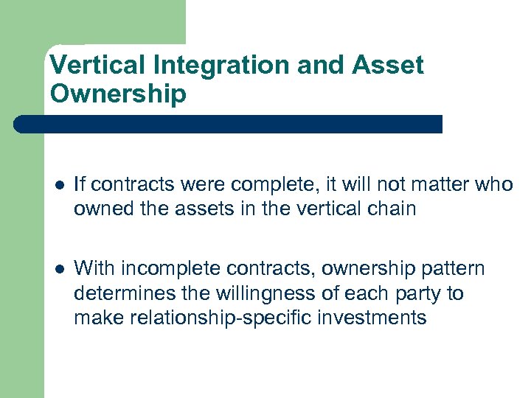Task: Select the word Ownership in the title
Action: pyautogui.click(x=118, y=94)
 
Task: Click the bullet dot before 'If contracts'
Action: pyautogui.click(x=58, y=186)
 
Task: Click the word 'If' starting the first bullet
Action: pyautogui.click(x=80, y=184)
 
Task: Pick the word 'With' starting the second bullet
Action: pyautogui.click(x=94, y=268)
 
